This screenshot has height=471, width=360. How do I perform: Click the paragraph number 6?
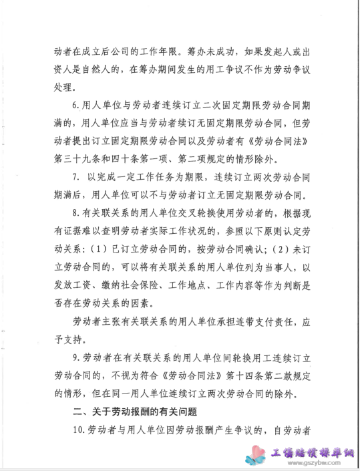(x=75, y=106)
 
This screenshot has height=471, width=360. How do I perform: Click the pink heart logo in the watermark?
(x=258, y=454)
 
